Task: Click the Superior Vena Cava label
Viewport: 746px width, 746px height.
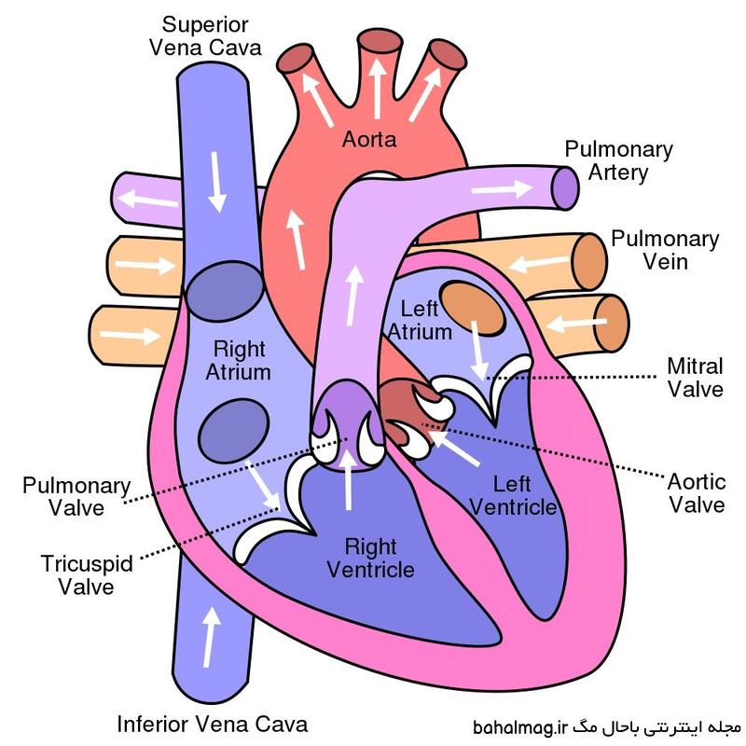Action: [205, 36]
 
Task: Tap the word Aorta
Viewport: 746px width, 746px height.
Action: [369, 139]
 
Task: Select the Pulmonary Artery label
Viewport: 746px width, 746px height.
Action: [618, 160]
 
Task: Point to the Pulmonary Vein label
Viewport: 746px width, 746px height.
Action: [665, 250]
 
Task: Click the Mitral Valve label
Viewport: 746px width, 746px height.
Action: [695, 378]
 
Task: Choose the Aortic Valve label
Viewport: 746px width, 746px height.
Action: [697, 493]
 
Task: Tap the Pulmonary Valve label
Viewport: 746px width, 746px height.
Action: [76, 496]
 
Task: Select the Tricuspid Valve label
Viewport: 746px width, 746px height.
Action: [87, 574]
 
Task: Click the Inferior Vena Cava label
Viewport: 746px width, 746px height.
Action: [213, 725]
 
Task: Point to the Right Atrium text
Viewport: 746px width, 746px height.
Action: [239, 360]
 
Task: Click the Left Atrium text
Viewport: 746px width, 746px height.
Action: [420, 320]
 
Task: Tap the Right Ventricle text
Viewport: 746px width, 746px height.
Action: [370, 558]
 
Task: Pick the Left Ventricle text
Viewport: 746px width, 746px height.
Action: [513, 495]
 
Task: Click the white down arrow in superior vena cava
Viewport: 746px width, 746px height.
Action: [216, 182]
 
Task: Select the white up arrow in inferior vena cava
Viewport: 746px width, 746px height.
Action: [210, 637]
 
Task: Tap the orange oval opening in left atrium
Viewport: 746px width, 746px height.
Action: [473, 309]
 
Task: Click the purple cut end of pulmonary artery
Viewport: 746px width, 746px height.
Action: [565, 188]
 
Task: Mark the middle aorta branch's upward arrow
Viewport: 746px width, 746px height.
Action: [378, 88]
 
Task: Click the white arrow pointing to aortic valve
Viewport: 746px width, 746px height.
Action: [454, 447]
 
